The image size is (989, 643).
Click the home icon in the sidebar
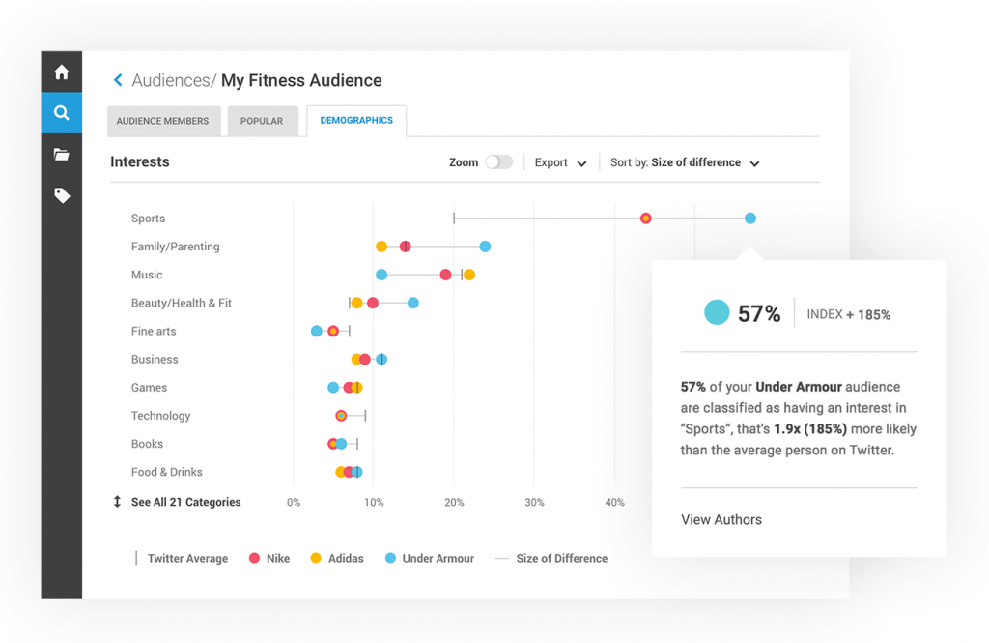tap(62, 73)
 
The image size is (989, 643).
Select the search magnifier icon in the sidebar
tap(62, 113)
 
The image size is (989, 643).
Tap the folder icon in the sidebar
tap(62, 155)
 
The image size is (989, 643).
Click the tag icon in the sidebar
tap(62, 196)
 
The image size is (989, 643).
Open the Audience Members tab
tap(162, 121)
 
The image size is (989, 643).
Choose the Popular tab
tap(262, 121)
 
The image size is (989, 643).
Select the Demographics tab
tap(356, 121)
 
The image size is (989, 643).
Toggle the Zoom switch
tap(498, 162)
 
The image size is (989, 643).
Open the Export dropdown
tap(560, 163)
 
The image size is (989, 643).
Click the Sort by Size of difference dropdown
tap(685, 163)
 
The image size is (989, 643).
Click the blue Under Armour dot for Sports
tap(750, 219)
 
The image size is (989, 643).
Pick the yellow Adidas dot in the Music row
tap(469, 275)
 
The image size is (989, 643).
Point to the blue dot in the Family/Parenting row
tap(485, 247)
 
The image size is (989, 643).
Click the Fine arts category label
tap(154, 331)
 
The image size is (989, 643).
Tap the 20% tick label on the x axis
tap(454, 503)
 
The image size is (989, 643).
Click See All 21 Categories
tap(185, 502)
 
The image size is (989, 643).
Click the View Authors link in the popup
tap(721, 520)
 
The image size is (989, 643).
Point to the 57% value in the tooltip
tap(759, 313)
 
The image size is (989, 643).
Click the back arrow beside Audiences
tap(118, 81)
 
